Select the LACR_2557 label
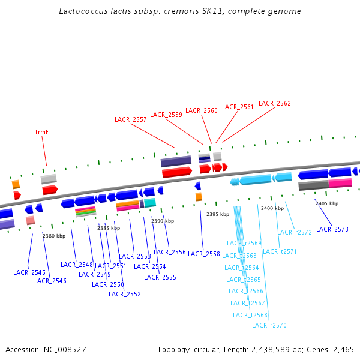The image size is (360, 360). [130, 119]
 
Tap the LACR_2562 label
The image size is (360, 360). [274, 103]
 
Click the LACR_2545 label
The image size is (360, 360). [29, 272]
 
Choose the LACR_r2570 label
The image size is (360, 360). [269, 325]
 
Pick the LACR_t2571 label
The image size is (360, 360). [280, 251]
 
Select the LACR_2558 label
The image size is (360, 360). [204, 254]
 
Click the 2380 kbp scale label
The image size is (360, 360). [54, 236]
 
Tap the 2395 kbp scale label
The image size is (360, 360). [218, 214]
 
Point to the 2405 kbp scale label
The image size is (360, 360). [327, 203]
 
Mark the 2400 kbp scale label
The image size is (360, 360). [272, 208]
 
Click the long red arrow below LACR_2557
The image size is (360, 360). [176, 172]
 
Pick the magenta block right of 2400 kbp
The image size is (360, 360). [340, 183]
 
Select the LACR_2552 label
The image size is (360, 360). [125, 294]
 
